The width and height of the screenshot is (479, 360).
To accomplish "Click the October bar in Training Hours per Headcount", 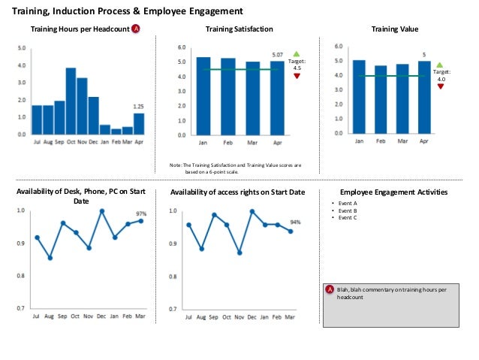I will (x=71, y=101).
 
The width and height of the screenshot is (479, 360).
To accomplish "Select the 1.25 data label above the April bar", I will (x=138, y=107).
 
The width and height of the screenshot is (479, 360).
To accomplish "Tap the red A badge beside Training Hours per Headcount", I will (x=136, y=29).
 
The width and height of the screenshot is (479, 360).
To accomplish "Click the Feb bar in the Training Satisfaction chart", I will (x=227, y=96).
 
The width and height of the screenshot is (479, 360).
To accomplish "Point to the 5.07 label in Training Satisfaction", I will (x=277, y=55).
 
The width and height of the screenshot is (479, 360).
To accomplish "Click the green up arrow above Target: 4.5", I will (x=297, y=54).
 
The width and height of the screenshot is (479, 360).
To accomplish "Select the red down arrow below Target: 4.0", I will (x=440, y=86).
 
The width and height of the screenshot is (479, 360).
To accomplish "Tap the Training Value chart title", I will (x=395, y=29).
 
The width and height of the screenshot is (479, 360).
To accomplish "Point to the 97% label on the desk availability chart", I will (x=141, y=213).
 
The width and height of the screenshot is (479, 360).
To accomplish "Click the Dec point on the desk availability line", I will (x=101, y=211).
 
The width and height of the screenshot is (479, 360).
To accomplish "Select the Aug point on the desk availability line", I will (x=50, y=258).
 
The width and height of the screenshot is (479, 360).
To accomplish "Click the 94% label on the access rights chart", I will (x=295, y=222).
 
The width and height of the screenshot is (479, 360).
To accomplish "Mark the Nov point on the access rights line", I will (x=239, y=253).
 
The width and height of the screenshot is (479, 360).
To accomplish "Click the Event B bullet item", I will (x=348, y=210).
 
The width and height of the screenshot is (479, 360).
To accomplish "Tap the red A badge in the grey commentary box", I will (x=330, y=289).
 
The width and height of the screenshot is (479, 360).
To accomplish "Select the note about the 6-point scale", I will (x=236, y=167).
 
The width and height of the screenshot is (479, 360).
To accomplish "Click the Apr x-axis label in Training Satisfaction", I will (x=277, y=142).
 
